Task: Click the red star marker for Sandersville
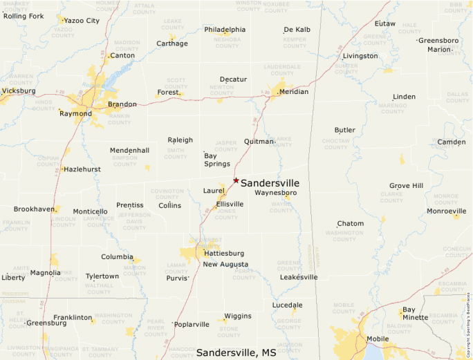[x=236, y=180]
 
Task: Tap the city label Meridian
[x=294, y=92]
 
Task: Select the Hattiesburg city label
[x=223, y=254]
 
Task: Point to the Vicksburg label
[x=19, y=91]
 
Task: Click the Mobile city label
[x=378, y=339]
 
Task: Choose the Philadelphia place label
[x=225, y=30]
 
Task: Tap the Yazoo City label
[x=82, y=21]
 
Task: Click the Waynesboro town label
[x=275, y=193]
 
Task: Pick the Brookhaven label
[x=35, y=209]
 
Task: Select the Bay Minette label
[x=416, y=314]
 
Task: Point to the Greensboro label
[x=438, y=41]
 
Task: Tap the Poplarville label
[x=192, y=324]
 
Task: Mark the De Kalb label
[x=297, y=30]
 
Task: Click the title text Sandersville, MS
[x=236, y=352]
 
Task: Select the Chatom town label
[x=351, y=224]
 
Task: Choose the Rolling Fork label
[x=23, y=16]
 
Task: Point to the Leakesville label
[x=299, y=277]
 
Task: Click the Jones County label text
[x=226, y=214]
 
